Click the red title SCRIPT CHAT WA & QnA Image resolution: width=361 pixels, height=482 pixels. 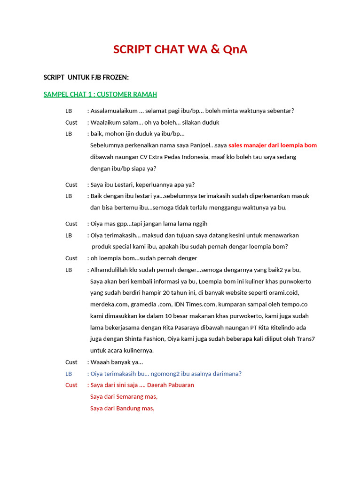(x=180, y=49)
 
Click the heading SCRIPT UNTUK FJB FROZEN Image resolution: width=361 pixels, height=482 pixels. (x=86, y=77)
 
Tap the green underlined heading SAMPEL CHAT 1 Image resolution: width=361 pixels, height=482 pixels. (x=100, y=94)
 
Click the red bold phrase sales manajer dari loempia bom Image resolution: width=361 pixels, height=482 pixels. (x=273, y=145)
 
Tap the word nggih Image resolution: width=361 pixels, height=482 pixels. (x=199, y=224)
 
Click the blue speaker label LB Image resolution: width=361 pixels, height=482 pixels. (x=69, y=374)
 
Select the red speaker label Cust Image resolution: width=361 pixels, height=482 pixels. (x=71, y=385)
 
